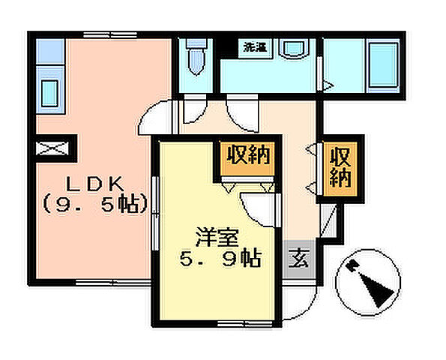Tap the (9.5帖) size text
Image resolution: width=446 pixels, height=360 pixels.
coord(93,202)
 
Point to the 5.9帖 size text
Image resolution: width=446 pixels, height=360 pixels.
coord(219,259)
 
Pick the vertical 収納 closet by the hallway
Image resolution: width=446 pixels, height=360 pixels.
coord(340,168)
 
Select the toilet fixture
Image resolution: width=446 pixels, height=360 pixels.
coord(196,58)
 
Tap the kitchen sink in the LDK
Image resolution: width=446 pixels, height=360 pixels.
coord(49,96)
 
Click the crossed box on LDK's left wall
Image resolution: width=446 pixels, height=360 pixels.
coord(53,147)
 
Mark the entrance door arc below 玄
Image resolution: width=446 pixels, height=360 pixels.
coord(300,303)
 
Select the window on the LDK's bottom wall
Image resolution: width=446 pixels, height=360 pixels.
coord(105,283)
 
